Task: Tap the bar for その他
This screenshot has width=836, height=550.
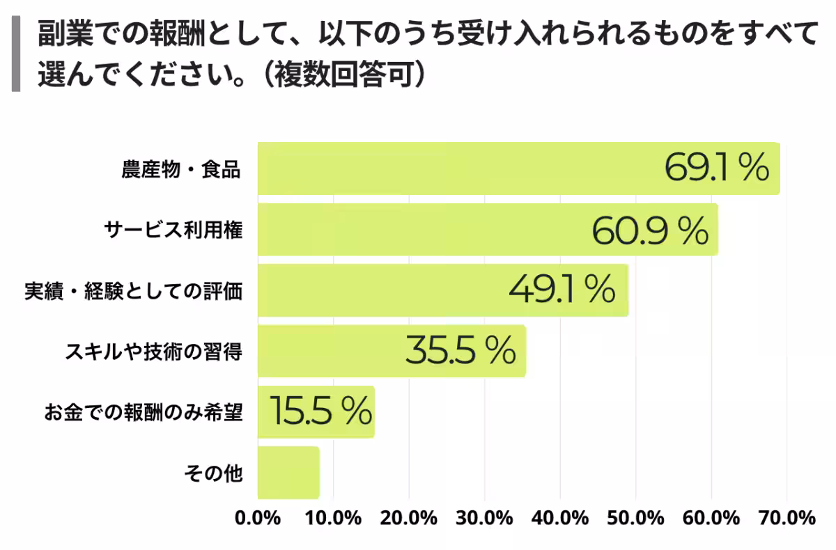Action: tap(288, 473)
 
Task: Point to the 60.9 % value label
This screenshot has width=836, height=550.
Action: tap(650, 230)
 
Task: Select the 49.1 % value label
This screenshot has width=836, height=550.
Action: tap(562, 290)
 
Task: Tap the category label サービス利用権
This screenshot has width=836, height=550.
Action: tap(173, 230)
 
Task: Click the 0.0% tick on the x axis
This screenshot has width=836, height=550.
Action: tap(258, 519)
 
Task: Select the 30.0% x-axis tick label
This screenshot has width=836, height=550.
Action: tap(485, 519)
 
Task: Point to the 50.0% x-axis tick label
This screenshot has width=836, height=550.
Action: tap(636, 519)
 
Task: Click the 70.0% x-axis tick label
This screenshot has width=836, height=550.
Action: tap(787, 519)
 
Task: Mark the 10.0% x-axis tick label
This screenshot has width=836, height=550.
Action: tap(334, 519)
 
